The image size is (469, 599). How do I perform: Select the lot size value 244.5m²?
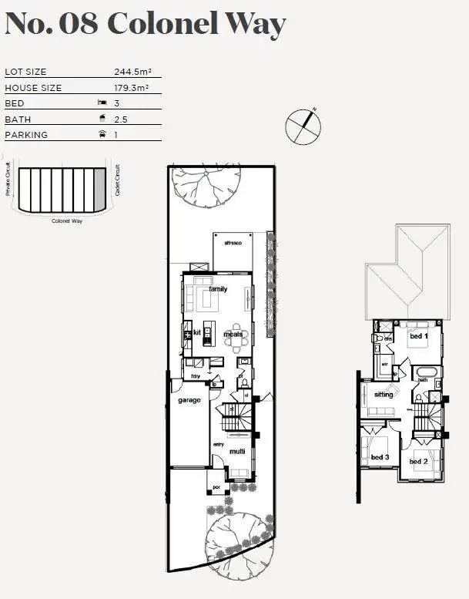click(132, 72)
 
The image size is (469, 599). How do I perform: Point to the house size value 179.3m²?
click(132, 88)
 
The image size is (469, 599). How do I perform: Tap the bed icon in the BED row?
click(100, 103)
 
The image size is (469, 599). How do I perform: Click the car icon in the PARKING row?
click(100, 135)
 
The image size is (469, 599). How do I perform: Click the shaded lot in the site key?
click(98, 190)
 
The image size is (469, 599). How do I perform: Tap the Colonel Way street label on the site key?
click(66, 221)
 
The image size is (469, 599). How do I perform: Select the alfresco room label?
click(233, 244)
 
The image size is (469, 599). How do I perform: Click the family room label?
click(218, 289)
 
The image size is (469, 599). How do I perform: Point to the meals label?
click(233, 335)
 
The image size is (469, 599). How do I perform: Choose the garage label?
click(189, 401)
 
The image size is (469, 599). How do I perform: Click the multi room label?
click(236, 452)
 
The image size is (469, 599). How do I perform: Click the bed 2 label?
click(418, 461)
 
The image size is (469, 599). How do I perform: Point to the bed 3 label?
click(380, 457)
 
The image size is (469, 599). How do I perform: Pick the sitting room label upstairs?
click(384, 395)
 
